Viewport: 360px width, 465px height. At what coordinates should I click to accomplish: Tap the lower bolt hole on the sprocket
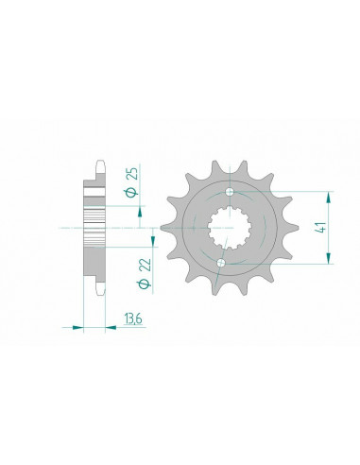220,261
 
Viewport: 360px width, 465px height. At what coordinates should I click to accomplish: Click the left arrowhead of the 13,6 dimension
77,328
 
